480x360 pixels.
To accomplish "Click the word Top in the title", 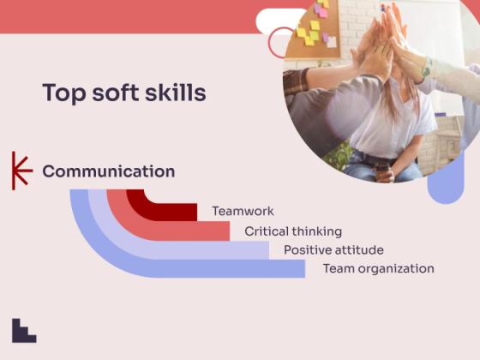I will point(61,93).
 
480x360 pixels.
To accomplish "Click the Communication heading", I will point(108,171).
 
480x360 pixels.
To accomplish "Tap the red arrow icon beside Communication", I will point(21,171).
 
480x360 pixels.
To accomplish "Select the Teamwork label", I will point(243,211).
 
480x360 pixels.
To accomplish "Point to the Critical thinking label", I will point(293,231).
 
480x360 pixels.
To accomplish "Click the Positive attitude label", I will point(333,250).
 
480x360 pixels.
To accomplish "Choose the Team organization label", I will point(378,269).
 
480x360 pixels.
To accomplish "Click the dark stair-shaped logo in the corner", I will point(24,331).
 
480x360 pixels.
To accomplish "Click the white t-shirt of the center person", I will point(390,129).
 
